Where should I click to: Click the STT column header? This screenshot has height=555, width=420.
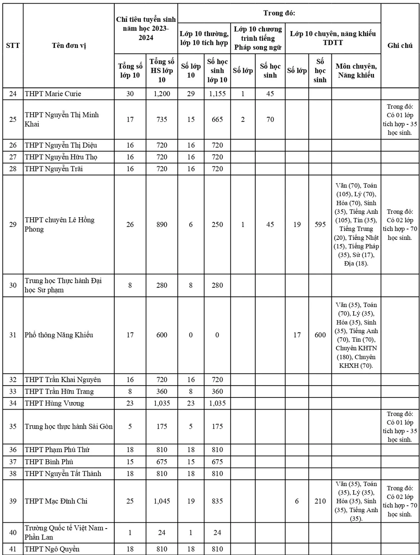(13, 46)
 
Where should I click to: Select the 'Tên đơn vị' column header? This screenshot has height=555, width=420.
(69, 46)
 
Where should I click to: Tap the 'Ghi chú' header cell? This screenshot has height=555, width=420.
(399, 46)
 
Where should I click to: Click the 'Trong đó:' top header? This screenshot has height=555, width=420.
(279, 13)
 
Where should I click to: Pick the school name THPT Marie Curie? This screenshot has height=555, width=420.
(53, 94)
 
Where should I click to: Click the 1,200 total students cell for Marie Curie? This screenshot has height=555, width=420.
(162, 94)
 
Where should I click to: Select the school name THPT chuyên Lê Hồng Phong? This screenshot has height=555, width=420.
(59, 224)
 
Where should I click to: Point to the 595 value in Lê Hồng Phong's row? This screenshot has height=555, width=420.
(320, 224)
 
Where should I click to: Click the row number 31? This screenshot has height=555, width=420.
(13, 335)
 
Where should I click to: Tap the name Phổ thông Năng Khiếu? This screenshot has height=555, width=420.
(59, 335)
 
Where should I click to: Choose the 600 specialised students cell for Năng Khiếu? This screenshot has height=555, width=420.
(320, 335)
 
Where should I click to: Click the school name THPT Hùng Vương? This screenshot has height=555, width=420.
(54, 403)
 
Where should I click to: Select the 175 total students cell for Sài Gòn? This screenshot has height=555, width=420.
(162, 426)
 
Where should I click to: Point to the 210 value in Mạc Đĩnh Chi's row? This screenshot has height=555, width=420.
(320, 501)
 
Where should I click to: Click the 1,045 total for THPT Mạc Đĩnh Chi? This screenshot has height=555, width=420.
(162, 501)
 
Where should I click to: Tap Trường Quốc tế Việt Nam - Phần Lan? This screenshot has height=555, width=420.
(66, 532)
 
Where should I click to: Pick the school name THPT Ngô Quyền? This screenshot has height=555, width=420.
(52, 549)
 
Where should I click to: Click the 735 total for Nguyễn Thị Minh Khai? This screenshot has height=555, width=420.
(162, 119)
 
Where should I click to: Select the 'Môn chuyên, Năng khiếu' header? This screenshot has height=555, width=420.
(356, 71)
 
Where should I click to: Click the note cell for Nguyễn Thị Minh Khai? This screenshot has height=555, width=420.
(399, 119)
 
